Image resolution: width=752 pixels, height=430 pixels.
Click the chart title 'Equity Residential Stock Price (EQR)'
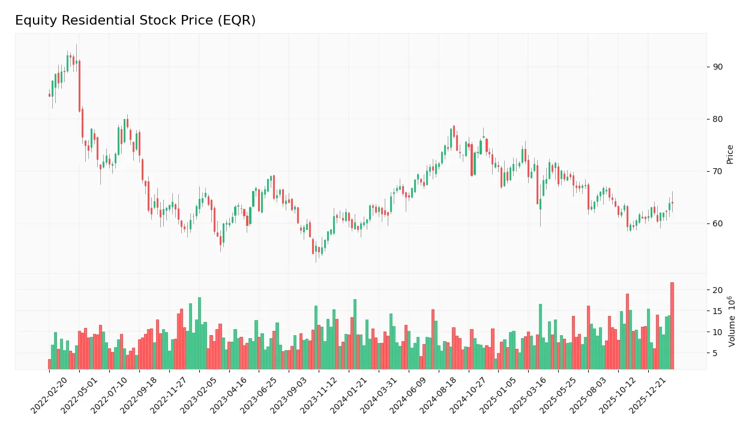(135, 20)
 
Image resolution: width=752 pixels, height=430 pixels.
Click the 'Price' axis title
(730, 154)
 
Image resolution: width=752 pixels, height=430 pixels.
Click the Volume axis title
(732, 321)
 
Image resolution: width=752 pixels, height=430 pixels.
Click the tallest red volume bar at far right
(672, 326)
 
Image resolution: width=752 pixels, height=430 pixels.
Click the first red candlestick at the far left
(49, 94)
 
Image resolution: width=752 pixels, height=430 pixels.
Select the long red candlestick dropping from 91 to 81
(79, 86)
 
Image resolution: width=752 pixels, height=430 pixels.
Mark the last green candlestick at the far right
(669, 206)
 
